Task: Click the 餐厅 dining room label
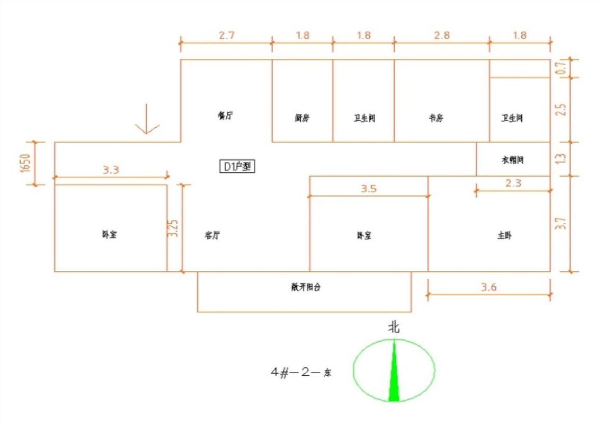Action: click(x=225, y=115)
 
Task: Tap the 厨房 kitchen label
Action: click(x=302, y=118)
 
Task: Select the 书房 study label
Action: click(x=435, y=118)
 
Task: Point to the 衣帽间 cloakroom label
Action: click(x=512, y=160)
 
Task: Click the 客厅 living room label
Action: click(x=212, y=235)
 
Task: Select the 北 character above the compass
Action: click(x=394, y=328)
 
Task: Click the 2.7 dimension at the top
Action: click(x=226, y=36)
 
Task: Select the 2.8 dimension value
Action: click(x=441, y=36)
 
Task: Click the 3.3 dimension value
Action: click(x=110, y=170)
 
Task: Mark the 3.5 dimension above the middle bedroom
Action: click(x=369, y=189)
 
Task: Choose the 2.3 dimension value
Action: click(x=514, y=183)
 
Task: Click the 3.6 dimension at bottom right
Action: click(x=488, y=287)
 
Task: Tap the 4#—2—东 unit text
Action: click(x=301, y=373)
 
